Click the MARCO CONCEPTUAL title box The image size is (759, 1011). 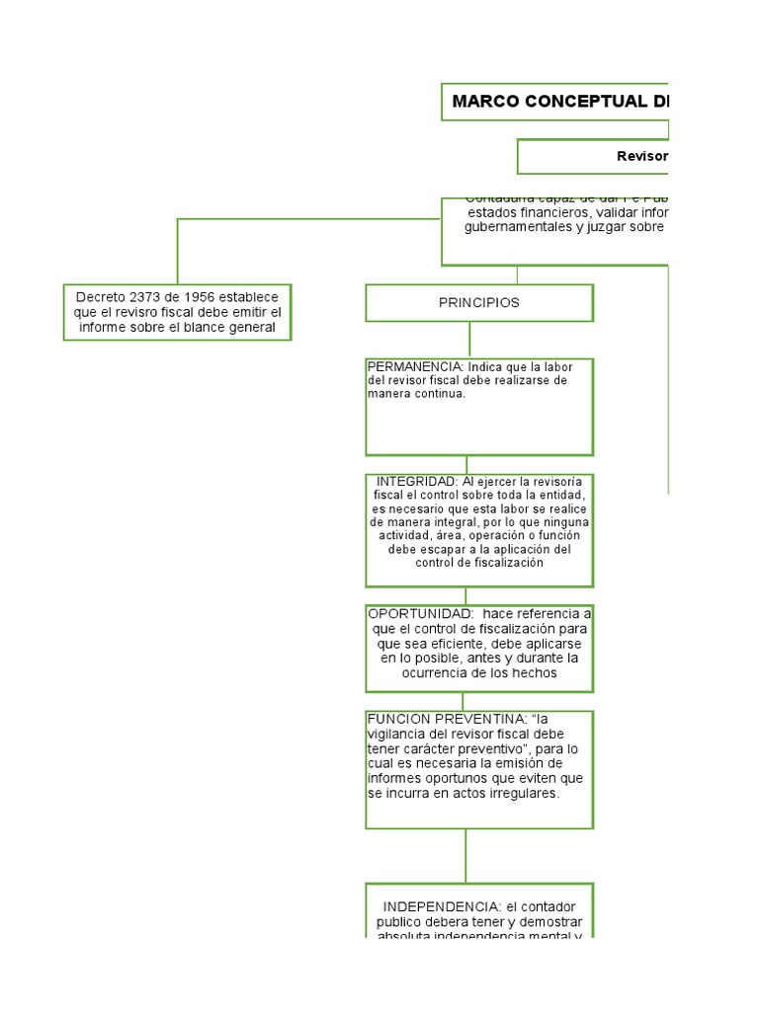coord(554,102)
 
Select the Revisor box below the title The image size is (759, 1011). coord(593,156)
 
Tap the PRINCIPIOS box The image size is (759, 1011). coord(479,303)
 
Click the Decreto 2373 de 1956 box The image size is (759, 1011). coord(178,312)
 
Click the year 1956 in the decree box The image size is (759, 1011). coord(198,297)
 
